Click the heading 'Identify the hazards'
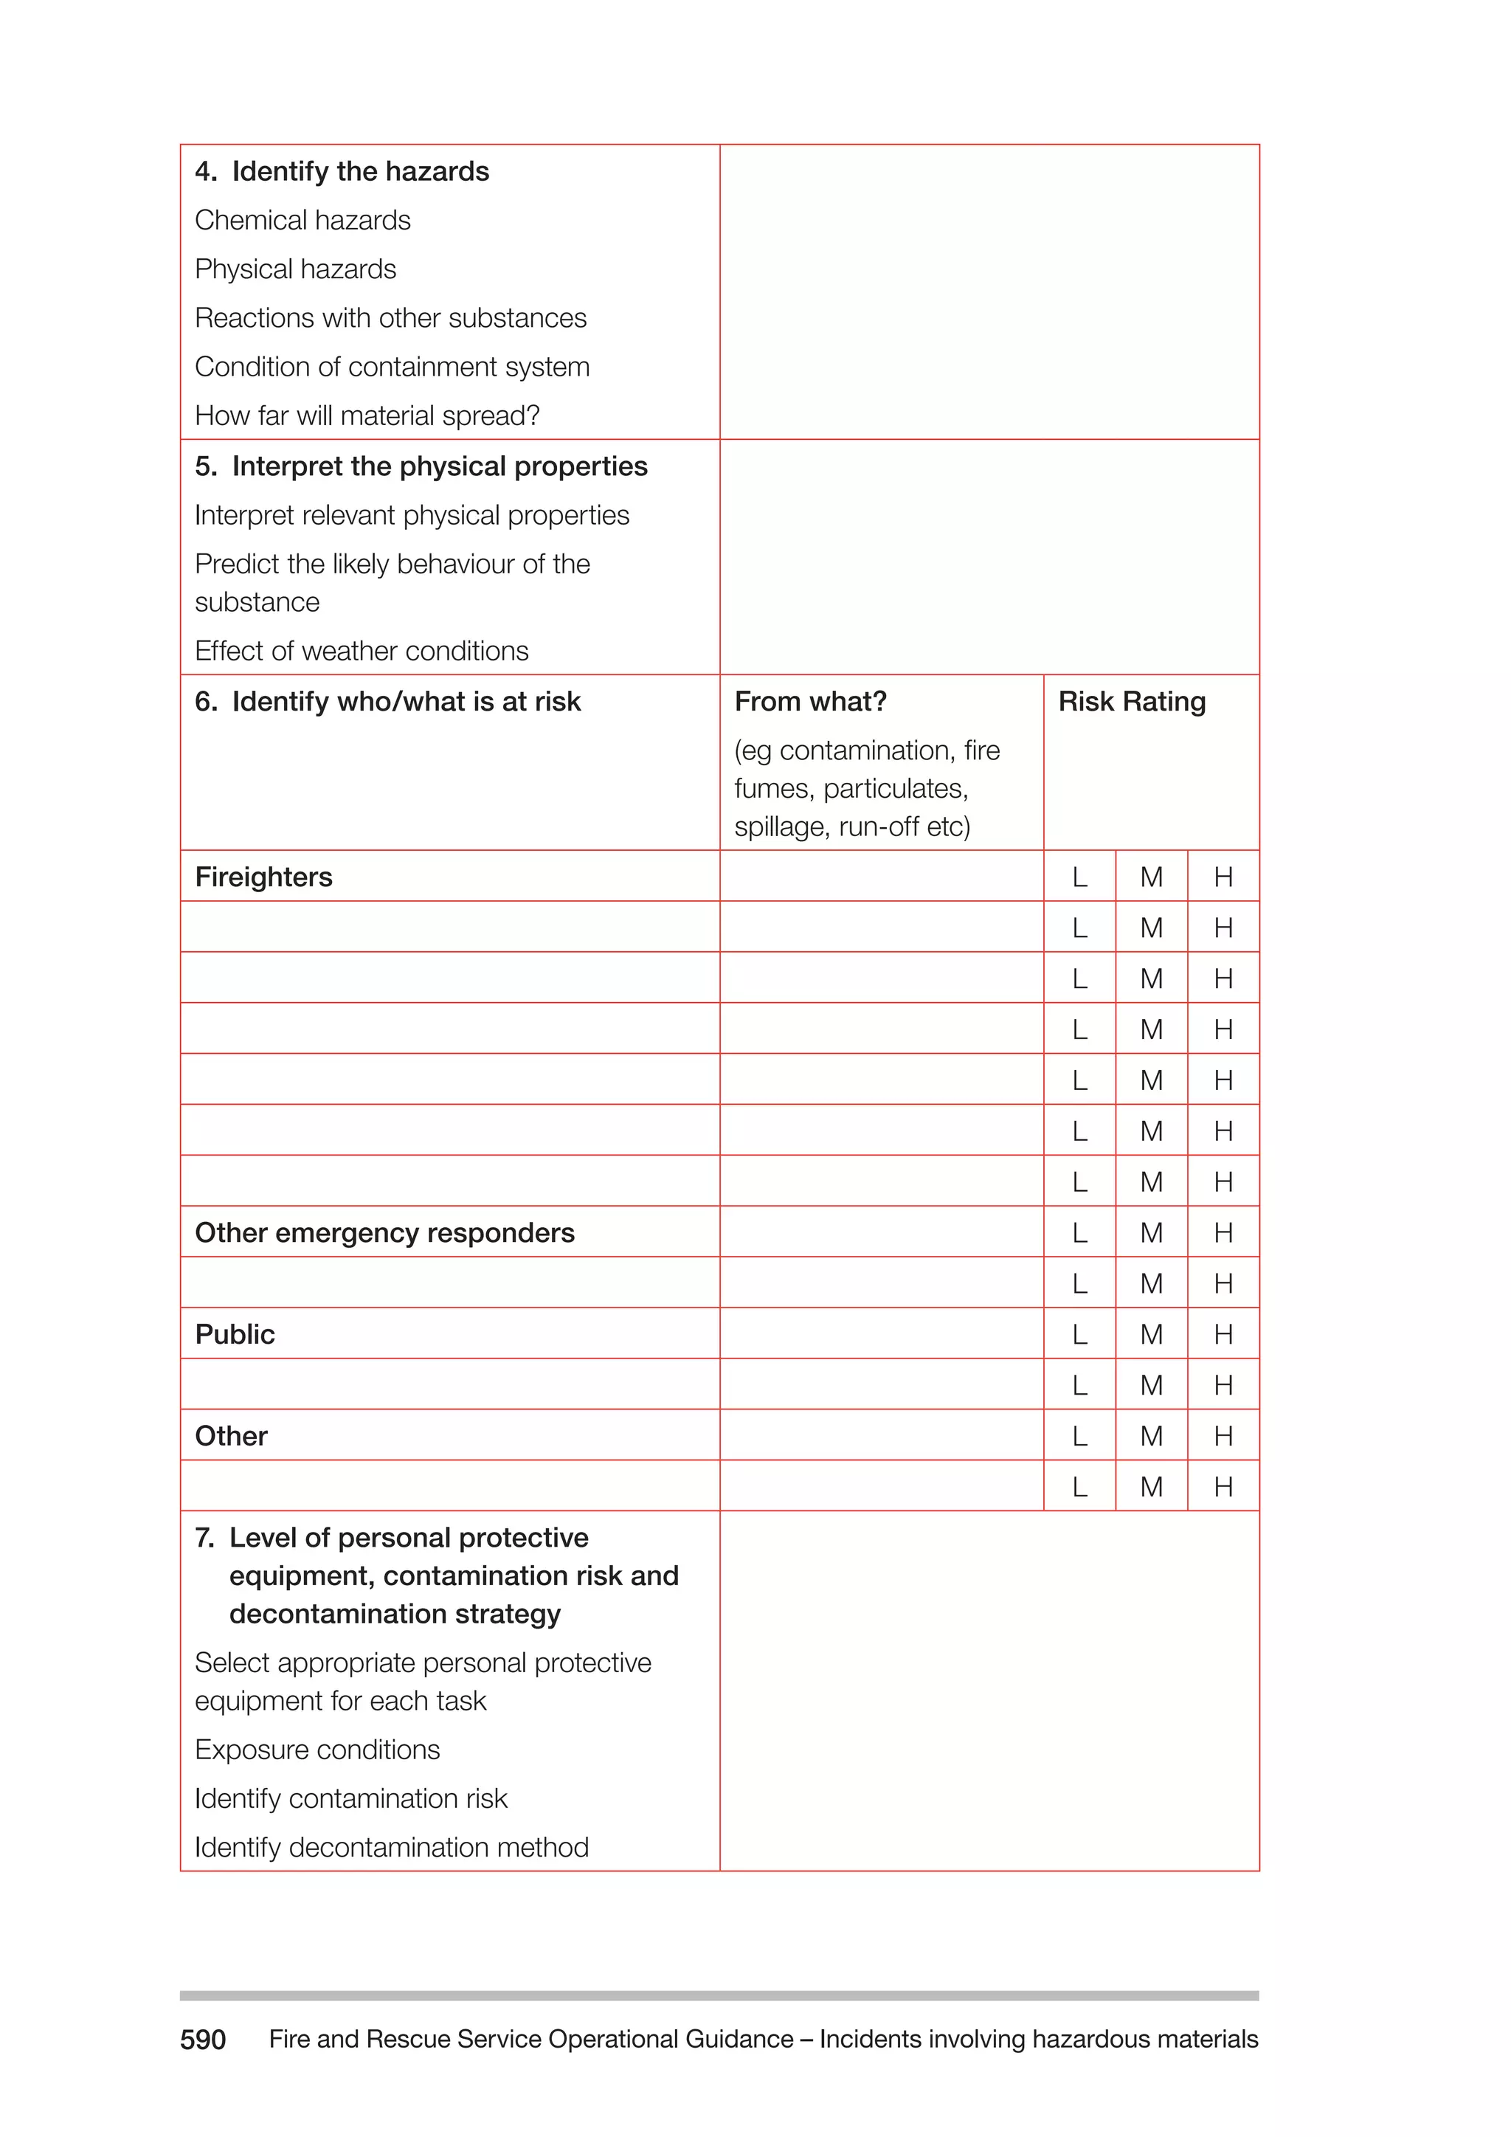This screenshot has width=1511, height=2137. (359, 171)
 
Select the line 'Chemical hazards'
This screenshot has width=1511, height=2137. (302, 221)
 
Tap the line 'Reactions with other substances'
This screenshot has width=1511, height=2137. (391, 318)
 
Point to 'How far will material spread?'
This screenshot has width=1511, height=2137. (367, 416)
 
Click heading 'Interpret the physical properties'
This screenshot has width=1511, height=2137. (439, 466)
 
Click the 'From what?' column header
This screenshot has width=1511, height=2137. (810, 702)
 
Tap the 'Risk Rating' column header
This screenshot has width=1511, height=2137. (1131, 702)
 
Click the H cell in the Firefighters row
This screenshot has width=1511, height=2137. (1223, 877)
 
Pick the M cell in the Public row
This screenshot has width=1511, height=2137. (1151, 1335)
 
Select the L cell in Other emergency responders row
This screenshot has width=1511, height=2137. (1079, 1233)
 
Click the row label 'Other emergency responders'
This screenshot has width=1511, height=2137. (384, 1233)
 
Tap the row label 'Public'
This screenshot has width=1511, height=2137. (235, 1335)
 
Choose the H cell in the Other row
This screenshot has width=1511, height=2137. (1223, 1436)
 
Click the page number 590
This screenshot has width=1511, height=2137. (203, 2040)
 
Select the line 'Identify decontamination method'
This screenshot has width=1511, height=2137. (392, 1848)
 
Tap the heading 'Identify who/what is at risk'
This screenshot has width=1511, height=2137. (406, 702)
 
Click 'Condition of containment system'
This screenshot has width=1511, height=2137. (392, 367)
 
